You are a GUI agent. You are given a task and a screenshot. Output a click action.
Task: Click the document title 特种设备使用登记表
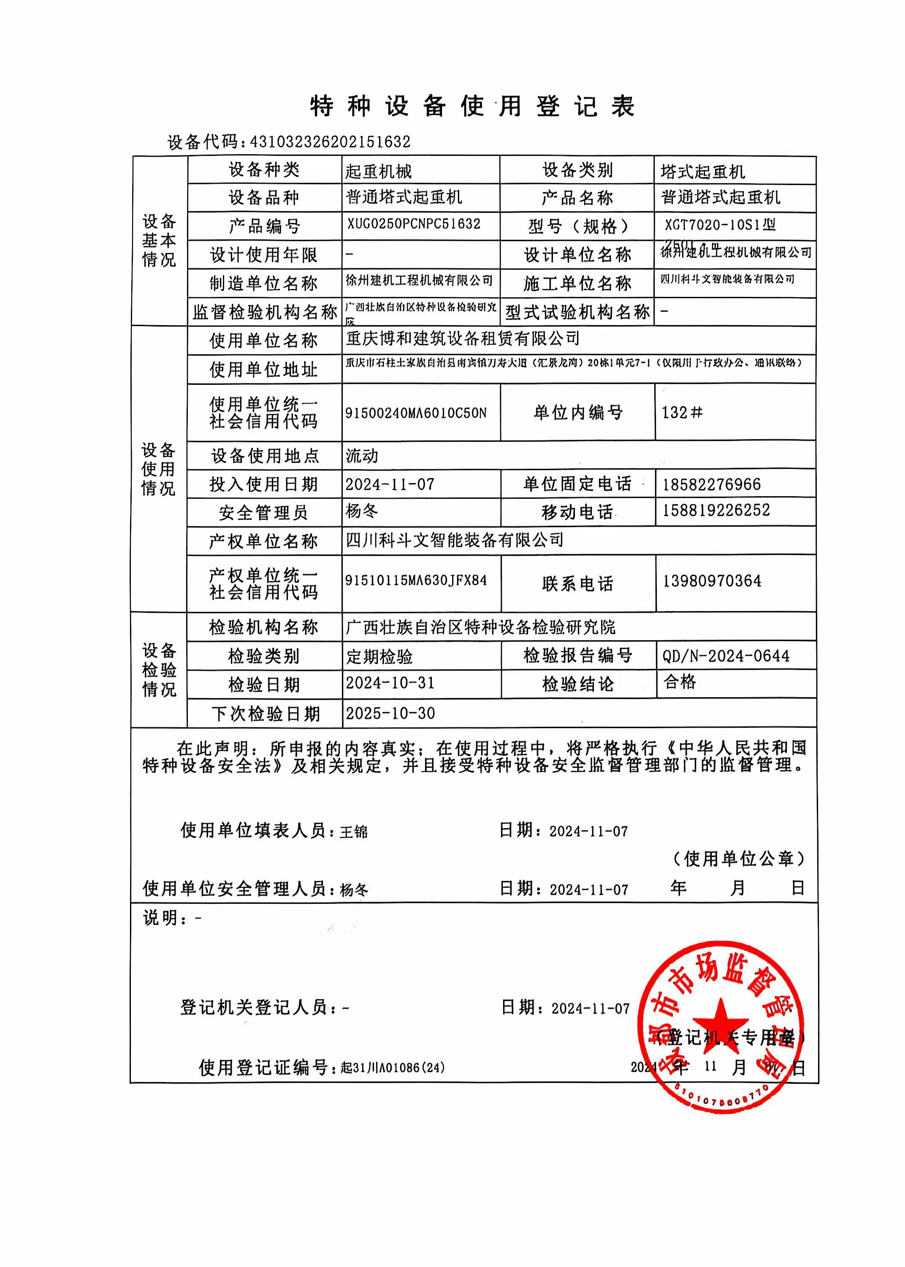[x=473, y=106]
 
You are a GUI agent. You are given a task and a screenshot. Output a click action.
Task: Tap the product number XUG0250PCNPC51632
[x=414, y=224]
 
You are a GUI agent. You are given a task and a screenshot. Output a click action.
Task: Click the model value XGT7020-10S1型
[x=720, y=225]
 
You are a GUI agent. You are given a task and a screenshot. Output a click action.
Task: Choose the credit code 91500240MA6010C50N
[x=416, y=413]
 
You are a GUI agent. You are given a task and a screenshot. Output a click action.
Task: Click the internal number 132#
[x=682, y=413]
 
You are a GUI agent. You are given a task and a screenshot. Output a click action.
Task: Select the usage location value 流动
[x=362, y=456]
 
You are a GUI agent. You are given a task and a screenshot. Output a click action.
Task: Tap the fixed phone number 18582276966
[x=711, y=484]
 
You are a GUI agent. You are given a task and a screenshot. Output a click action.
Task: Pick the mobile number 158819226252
[x=715, y=510]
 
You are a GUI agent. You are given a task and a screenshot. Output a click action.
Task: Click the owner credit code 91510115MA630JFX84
[x=416, y=580]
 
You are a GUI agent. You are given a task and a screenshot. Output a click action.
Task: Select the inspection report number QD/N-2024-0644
[x=726, y=656]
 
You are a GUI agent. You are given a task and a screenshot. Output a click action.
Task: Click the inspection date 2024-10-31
[x=390, y=683]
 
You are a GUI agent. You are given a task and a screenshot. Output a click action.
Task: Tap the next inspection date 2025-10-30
[x=390, y=713]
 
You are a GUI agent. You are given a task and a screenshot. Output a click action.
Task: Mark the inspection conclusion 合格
[x=680, y=681]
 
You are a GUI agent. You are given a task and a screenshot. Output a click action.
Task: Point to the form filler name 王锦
[x=354, y=832]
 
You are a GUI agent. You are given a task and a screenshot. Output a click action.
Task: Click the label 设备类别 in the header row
[x=577, y=170]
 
